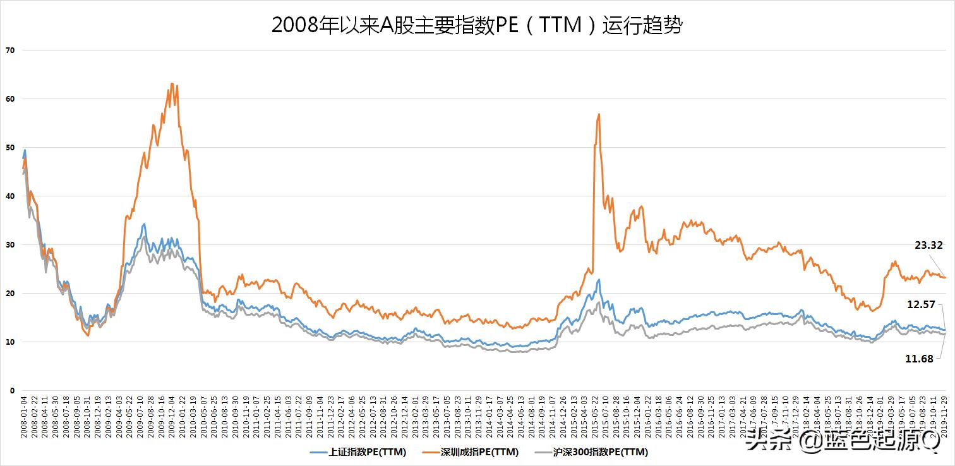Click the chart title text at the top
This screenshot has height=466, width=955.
coord(477,25)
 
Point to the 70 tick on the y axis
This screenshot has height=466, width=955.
coord(9,50)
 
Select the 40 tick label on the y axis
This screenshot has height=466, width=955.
coord(9,196)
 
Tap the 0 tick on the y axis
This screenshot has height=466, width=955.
coord(11,390)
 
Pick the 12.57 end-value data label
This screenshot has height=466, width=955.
coord(920,304)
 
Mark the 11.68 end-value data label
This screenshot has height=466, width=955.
coord(919,358)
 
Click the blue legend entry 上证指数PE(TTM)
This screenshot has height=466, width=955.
coord(359,452)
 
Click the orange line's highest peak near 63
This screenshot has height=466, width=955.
coord(172,83)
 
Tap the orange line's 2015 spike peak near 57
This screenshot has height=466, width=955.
coord(598,114)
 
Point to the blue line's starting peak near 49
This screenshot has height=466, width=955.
coord(25,150)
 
